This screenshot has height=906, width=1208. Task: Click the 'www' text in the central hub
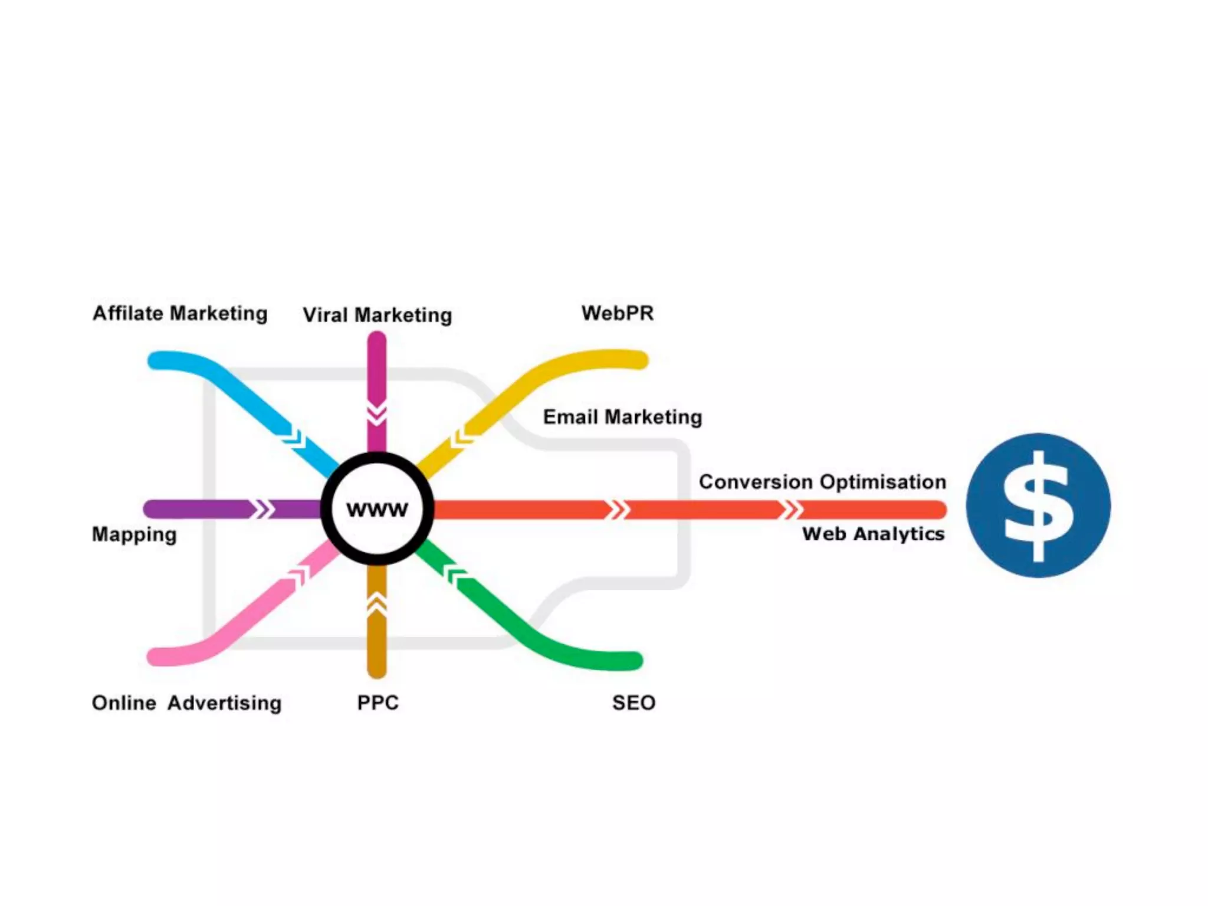pos(377,509)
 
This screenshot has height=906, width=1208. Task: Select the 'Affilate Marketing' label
pos(180,313)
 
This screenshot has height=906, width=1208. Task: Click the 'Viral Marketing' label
pos(377,315)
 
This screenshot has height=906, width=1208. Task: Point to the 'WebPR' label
pos(618,313)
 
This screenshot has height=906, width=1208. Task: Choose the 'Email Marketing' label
pos(622,417)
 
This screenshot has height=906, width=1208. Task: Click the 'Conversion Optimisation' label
pos(822,482)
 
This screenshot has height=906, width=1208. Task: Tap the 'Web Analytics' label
pos(873,534)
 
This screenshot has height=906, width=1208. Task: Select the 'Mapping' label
pos(134,534)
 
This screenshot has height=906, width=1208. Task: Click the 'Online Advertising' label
pos(186,703)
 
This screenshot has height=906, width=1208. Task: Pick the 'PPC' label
pos(378,703)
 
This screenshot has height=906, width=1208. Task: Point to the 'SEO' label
pos(633,703)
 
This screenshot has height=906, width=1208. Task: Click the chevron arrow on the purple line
pos(262,509)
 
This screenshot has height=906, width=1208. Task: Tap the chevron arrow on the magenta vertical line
pos(377,413)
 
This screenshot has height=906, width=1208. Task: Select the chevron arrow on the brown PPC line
pos(377,603)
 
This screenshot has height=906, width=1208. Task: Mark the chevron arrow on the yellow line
pos(462,437)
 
